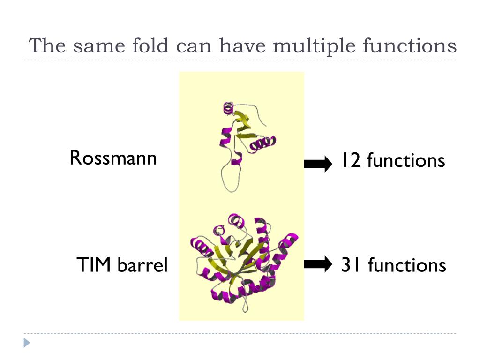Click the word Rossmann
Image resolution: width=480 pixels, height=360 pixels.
pyautogui.click(x=113, y=158)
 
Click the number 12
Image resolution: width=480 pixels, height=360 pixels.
pyautogui.click(x=351, y=161)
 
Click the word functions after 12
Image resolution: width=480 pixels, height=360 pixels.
pyautogui.click(x=405, y=161)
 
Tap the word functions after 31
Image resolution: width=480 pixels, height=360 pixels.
pyautogui.click(x=406, y=265)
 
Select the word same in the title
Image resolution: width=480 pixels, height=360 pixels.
pyautogui.click(x=95, y=46)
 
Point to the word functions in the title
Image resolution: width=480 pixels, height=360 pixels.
pyautogui.click(x=409, y=46)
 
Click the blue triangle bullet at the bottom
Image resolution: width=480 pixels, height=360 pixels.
pyautogui.click(x=27, y=343)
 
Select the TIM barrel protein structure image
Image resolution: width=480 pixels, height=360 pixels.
pyautogui.click(x=244, y=262)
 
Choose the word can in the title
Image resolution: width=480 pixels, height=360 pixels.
pyautogui.click(x=194, y=46)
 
